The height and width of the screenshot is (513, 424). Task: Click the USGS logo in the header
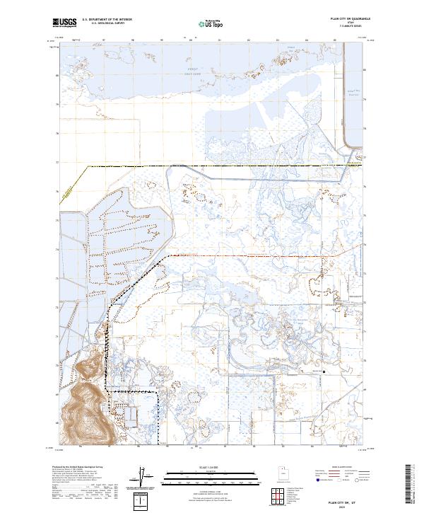(64, 23)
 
